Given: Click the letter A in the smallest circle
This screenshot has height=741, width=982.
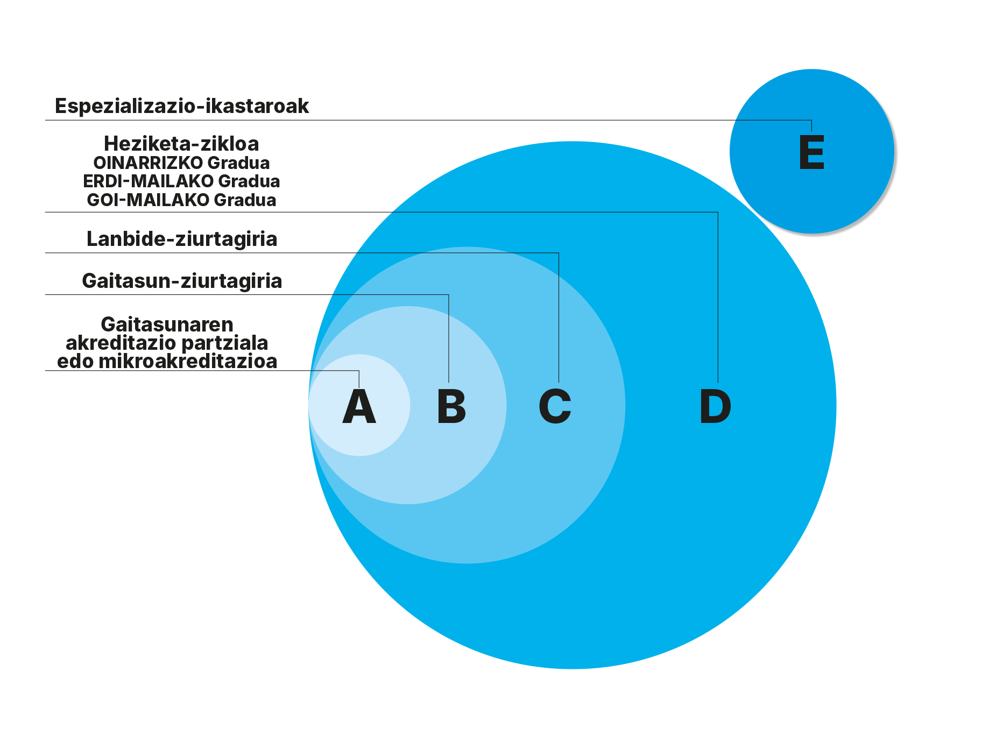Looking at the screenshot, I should point(359,406).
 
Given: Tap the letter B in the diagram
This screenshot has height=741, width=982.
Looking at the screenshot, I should point(451,406).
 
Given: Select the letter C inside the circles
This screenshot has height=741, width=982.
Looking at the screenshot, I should point(555,406).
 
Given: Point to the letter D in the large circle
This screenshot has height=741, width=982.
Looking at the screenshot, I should point(715,406).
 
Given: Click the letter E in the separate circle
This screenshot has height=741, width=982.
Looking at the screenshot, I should point(812,153).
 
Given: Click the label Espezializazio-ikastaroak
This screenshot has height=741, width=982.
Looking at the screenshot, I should point(182,106).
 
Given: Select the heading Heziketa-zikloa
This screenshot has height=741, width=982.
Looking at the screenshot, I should point(181,144).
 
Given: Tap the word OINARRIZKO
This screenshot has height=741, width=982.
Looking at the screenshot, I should point(148,163).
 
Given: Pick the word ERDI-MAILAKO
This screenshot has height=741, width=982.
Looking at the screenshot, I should point(149,181).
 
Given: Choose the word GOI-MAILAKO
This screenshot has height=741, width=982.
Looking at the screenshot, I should point(148,200).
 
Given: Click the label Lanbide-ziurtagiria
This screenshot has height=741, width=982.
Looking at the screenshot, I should point(182,239).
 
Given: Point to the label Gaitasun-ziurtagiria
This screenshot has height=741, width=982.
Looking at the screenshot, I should point(182,281).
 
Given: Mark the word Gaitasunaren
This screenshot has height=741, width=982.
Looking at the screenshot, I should point(167,324).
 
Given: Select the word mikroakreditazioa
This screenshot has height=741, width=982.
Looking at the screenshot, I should point(188,361).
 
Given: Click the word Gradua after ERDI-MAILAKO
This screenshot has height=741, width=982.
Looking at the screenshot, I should point(250,181).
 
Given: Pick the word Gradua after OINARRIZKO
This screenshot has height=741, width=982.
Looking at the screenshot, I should point(239,163).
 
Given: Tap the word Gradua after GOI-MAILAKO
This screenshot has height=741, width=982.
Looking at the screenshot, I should point(245,200).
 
